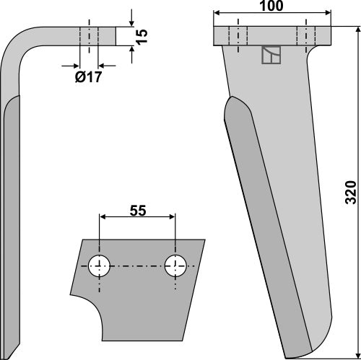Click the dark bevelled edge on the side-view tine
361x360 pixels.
pyautogui.click(x=9, y=216)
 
